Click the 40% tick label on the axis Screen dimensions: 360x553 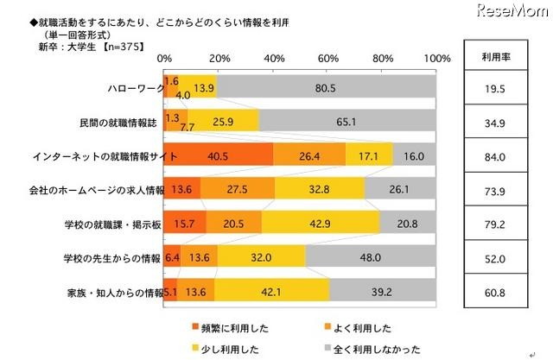tap(274, 58)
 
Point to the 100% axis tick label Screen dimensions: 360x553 tap(436, 58)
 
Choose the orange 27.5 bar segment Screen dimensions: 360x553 tap(238, 188)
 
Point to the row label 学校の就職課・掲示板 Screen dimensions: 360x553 tap(106, 222)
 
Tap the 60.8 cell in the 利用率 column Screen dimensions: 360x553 tap(498, 290)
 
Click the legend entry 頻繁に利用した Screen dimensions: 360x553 tap(226, 327)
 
